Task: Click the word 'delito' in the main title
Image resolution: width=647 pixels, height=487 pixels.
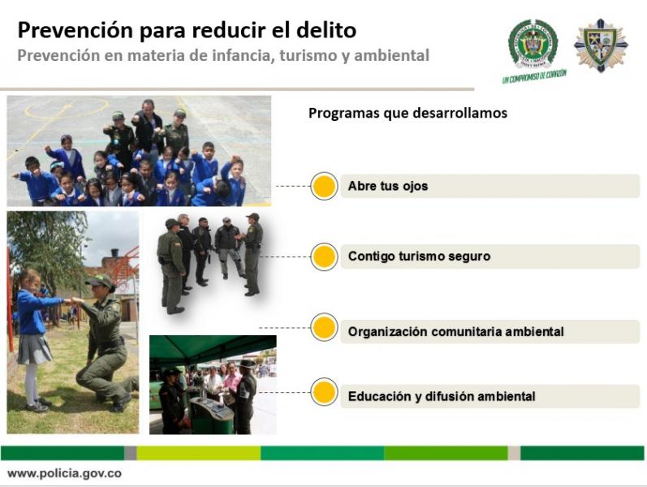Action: pos(326,30)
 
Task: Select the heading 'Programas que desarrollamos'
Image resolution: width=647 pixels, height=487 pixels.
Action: pos(408,113)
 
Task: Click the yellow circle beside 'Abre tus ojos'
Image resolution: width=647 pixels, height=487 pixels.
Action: pos(325,186)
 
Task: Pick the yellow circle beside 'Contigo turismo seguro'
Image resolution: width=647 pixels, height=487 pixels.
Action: pos(325,256)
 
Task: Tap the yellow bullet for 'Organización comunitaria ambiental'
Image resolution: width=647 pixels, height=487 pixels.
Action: pos(325,327)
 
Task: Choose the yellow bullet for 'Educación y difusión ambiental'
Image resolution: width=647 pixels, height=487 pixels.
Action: pos(325,392)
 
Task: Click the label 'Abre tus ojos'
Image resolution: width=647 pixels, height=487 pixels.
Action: pos(388,186)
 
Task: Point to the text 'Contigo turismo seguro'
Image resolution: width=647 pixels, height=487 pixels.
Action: pos(419,256)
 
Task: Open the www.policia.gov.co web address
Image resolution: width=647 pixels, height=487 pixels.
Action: pos(64,473)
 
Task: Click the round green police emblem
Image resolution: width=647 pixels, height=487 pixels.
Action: pos(533,44)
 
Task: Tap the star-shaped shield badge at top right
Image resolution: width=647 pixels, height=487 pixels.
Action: pos(601,45)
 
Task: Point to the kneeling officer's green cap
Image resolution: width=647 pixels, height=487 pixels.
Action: pos(100,281)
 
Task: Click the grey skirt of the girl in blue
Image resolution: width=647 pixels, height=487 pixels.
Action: pos(34,349)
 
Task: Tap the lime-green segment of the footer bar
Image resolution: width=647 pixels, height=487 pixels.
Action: pos(198,453)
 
